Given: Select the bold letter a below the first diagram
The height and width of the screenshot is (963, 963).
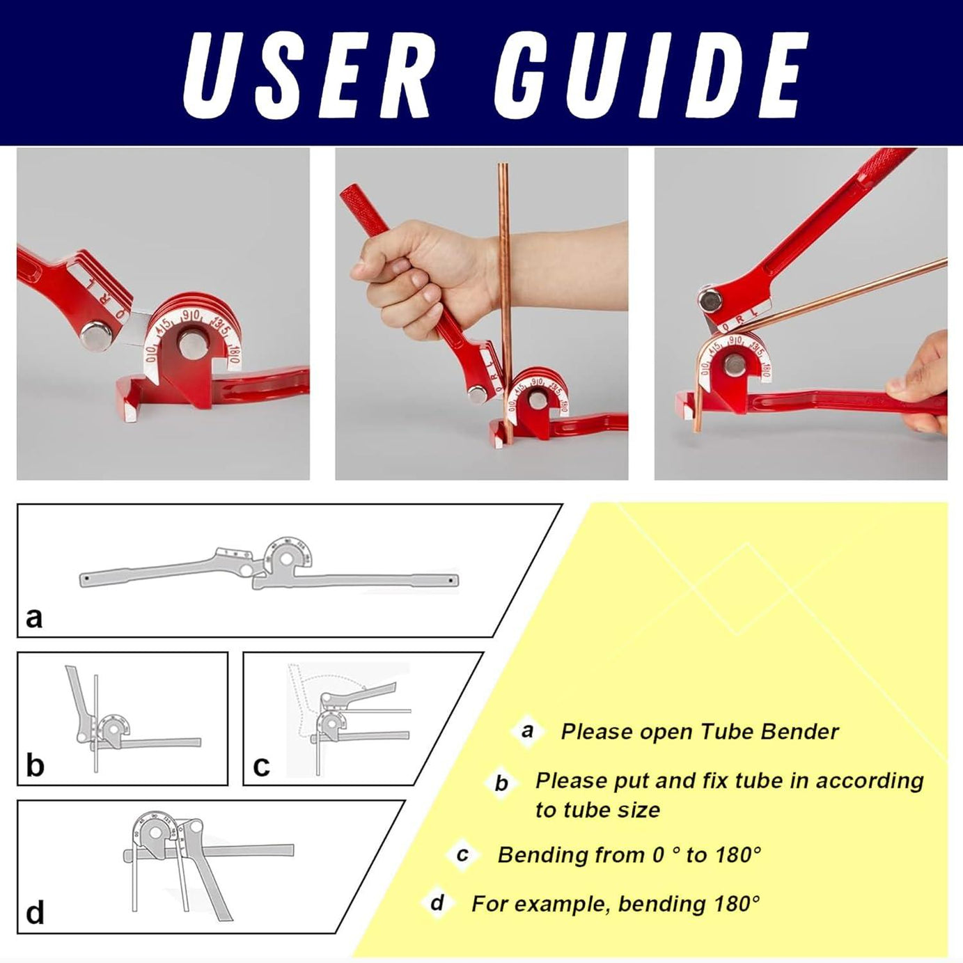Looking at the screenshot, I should tap(33, 617).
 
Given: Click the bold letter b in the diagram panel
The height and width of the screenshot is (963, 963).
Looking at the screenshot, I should tap(35, 765).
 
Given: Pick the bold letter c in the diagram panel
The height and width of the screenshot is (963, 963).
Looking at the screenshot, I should tap(261, 766).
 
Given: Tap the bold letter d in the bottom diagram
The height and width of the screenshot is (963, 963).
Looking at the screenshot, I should tap(35, 912).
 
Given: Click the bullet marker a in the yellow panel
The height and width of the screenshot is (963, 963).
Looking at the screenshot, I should tap(527, 731).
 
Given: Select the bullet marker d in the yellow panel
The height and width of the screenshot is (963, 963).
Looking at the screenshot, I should tap(437, 903).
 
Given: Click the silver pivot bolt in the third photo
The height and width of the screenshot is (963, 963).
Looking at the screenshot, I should tap(711, 300).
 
